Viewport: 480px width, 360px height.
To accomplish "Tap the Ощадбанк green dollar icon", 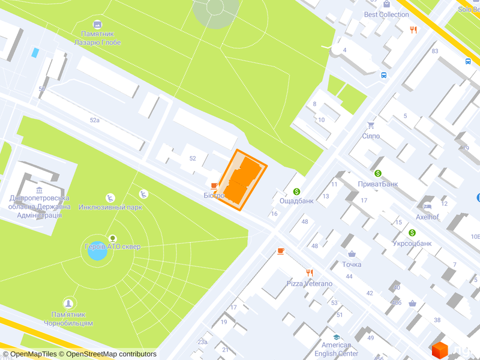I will coord(296,191).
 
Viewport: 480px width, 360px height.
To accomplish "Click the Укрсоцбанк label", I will coord(412,243).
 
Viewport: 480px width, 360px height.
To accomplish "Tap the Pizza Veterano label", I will coord(309,283).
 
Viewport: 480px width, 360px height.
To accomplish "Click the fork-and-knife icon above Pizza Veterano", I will coord(310,272).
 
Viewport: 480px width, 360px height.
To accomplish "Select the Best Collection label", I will coord(386,14).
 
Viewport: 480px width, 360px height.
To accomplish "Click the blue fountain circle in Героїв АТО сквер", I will coord(97,250).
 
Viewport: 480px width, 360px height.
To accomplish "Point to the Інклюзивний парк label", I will coord(110,207).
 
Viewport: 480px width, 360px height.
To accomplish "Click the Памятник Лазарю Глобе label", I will coord(97,38).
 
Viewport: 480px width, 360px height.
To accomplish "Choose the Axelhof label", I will coord(428,217).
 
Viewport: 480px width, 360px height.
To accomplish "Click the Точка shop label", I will coord(352,264).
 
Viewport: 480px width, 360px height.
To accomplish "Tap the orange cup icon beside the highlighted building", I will coord(214,185).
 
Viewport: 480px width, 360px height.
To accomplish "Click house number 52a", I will coord(95,120).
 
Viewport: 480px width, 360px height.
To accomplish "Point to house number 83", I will coord(434,51).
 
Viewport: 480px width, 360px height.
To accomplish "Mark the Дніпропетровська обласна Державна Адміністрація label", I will coord(39,206).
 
